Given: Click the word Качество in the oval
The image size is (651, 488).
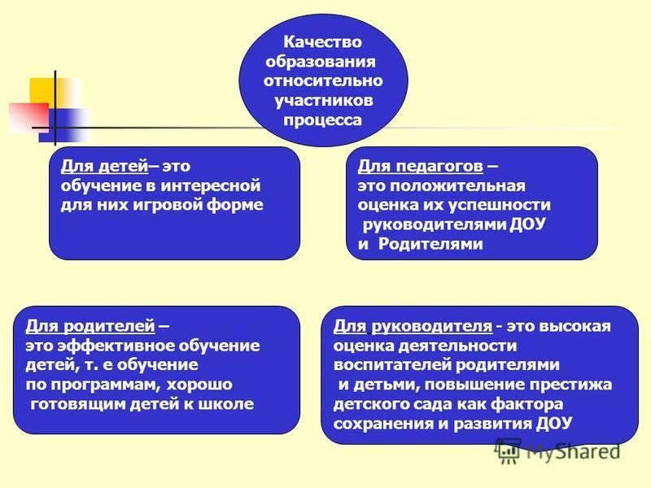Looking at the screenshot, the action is [322, 42].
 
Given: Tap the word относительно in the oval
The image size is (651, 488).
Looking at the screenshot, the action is [323, 81].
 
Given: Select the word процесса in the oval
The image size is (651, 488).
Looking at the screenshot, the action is [322, 120].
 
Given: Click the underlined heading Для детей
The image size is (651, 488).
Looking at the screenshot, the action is [105, 167].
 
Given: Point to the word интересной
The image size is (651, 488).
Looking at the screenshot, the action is [211, 185].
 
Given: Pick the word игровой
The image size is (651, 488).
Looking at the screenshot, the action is [167, 206].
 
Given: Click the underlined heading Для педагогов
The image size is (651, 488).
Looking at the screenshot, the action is [421, 167].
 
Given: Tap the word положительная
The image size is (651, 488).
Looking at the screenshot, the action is [457, 185].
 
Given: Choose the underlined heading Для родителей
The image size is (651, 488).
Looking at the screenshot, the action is [90, 327].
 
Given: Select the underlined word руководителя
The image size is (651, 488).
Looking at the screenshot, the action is [432, 327].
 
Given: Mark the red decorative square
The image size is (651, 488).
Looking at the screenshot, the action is [28, 118].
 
